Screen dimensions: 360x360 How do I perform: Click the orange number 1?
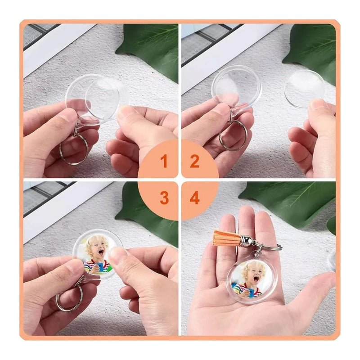click(164, 161)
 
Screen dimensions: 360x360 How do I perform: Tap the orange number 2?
click(194, 161)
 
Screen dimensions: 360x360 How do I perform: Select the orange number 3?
click(164, 198)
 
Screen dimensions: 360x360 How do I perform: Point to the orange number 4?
click(195, 198)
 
